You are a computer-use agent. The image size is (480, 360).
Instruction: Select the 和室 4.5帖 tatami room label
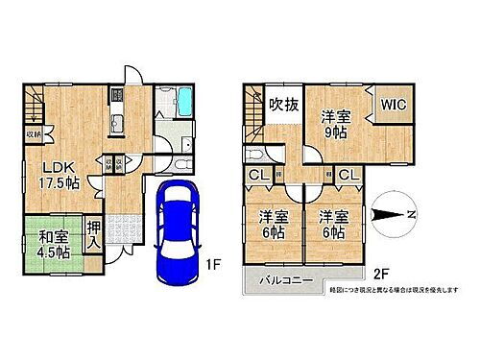[x=44, y=244]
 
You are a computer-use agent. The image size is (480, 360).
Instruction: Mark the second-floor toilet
[x=255, y=158]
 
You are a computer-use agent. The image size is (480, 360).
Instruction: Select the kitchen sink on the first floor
[x=117, y=122]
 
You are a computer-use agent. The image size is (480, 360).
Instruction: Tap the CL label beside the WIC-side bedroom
[x=348, y=176]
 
